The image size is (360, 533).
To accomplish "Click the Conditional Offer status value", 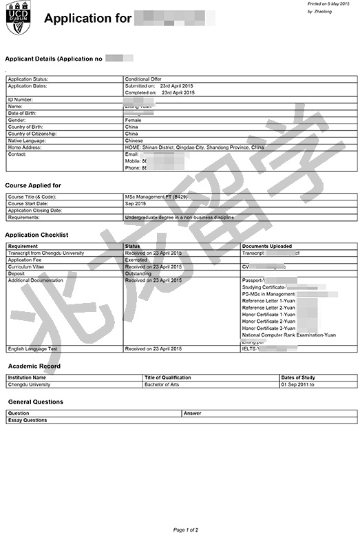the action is [x=142, y=79].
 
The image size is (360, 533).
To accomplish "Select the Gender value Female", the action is [x=133, y=120].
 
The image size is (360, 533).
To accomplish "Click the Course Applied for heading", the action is [x=33, y=186].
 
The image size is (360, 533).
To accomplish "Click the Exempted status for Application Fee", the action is [x=136, y=260].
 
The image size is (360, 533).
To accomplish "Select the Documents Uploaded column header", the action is [x=267, y=246].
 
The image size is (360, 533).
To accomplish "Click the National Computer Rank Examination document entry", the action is [x=289, y=335].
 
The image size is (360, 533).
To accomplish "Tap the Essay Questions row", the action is [x=28, y=420].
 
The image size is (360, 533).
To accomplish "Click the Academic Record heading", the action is [x=34, y=366].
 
